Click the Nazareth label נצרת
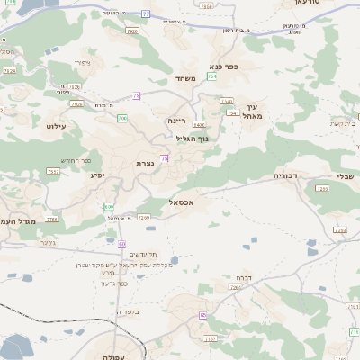[x=144, y=164]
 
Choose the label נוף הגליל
[x=192, y=138]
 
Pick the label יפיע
[x=97, y=175]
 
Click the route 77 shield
[x=146, y=14]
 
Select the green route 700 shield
[x=121, y=119]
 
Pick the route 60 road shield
[x=122, y=244]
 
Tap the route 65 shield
[x=203, y=314]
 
